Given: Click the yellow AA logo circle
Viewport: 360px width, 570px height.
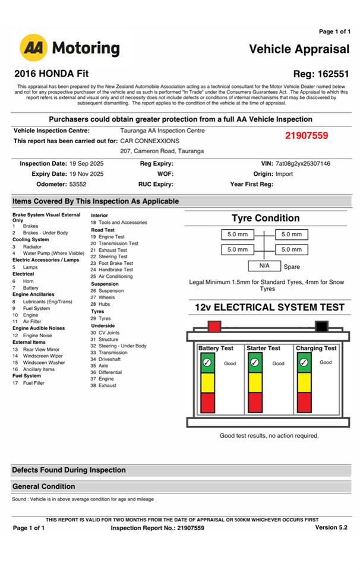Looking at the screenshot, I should pos(34,48).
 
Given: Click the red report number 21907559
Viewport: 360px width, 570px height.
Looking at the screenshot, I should pos(306,136).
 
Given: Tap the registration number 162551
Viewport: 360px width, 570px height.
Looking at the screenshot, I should pos(330,74).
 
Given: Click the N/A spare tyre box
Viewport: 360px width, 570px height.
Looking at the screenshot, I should pos(264,266).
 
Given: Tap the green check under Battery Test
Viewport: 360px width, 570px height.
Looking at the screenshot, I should pos(207,362).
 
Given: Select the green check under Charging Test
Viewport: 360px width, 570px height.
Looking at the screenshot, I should pos(304,362).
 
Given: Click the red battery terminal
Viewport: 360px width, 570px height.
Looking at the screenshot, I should pos(214,326).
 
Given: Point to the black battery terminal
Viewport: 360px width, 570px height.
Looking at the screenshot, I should pos(321,326).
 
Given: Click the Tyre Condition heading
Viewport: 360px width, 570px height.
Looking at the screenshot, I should pos(266,218).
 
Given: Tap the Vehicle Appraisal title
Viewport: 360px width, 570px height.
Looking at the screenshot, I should pos(299,49).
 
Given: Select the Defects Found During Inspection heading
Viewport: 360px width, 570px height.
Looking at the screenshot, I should pos(69,470).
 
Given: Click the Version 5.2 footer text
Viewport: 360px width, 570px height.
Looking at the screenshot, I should pos(331,527).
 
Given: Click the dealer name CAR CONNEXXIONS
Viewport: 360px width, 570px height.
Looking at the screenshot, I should pos(150,141).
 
